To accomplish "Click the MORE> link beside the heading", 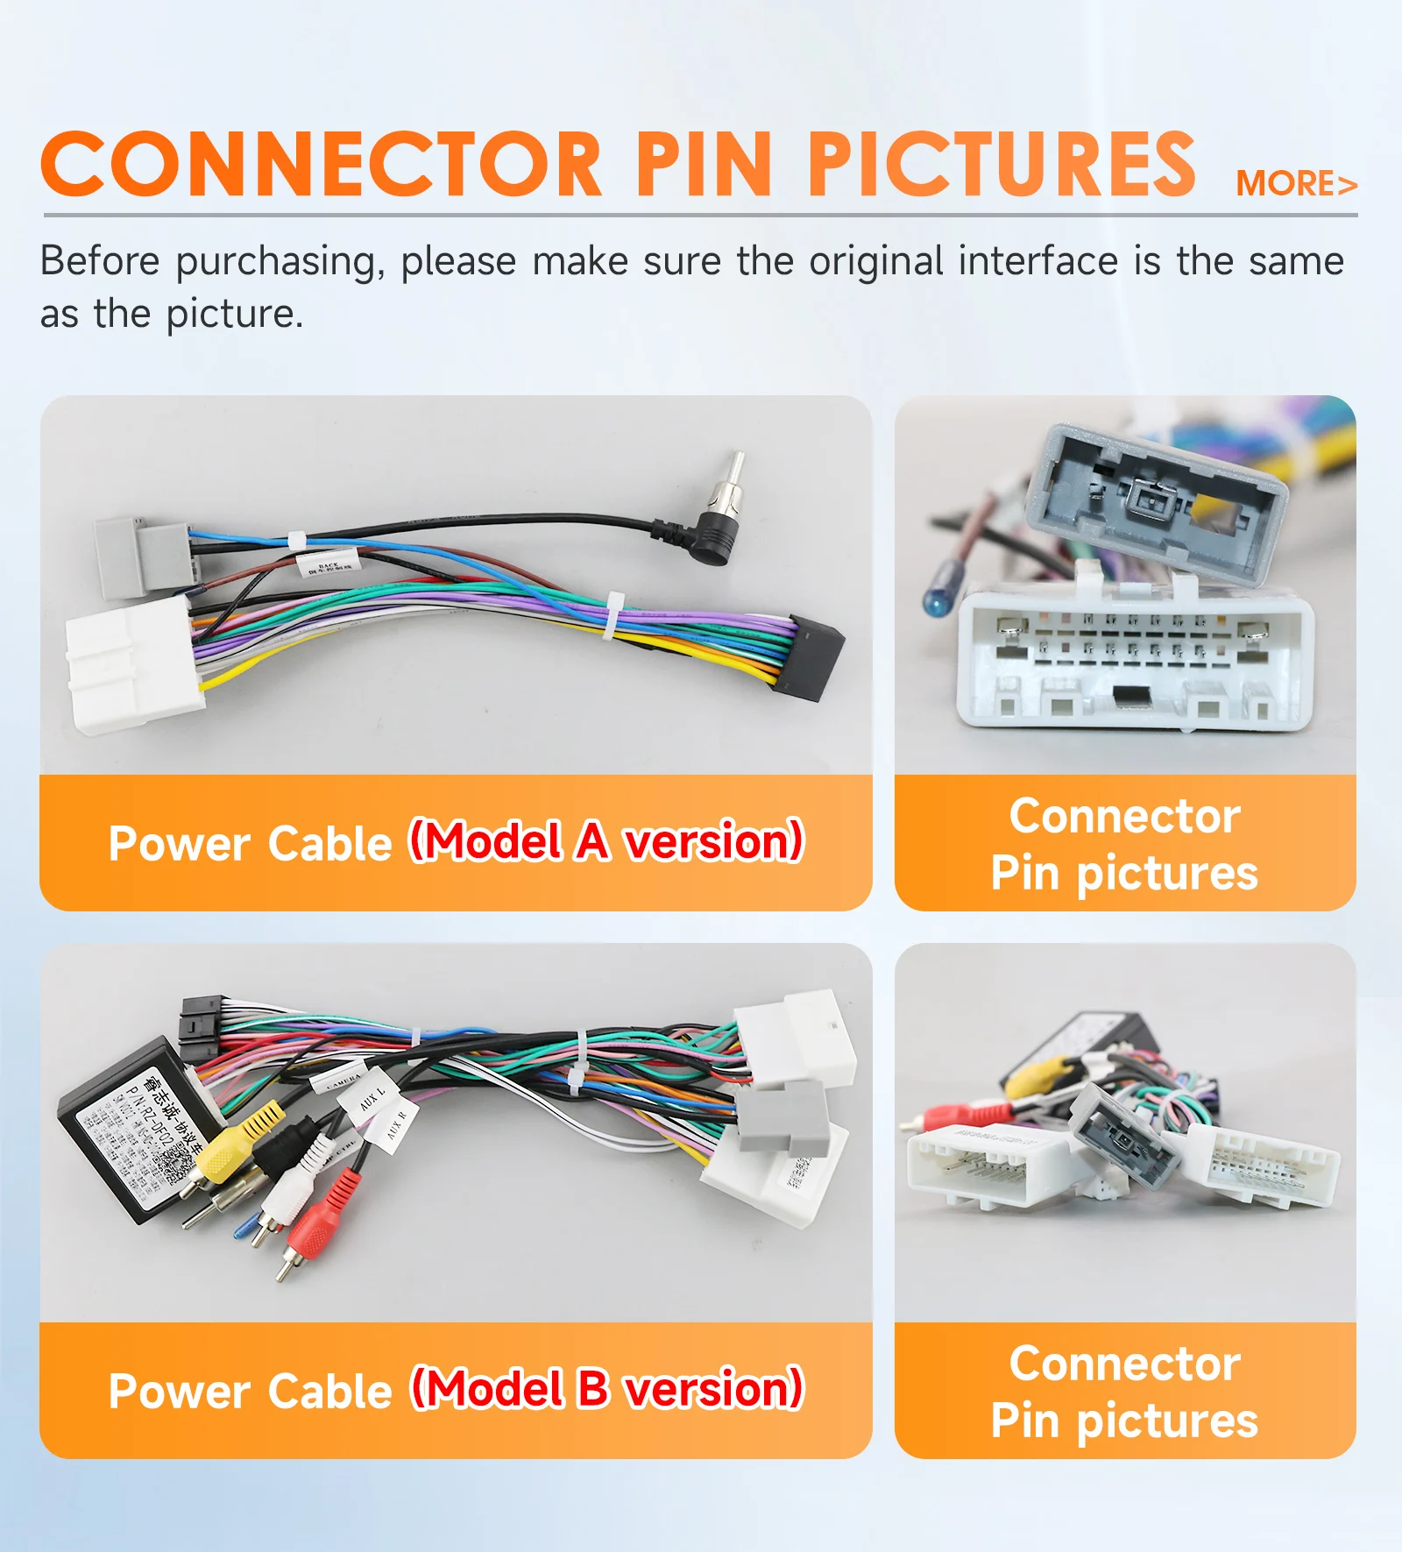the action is click(1296, 184).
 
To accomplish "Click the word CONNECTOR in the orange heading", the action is click(321, 165).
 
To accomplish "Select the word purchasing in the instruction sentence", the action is click(280, 262).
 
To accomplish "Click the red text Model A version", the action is click(606, 841).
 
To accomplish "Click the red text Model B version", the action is click(606, 1389).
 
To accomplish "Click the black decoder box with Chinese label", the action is click(131, 1130).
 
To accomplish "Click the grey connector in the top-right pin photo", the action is click(1157, 500).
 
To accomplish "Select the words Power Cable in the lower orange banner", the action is click(250, 1392).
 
